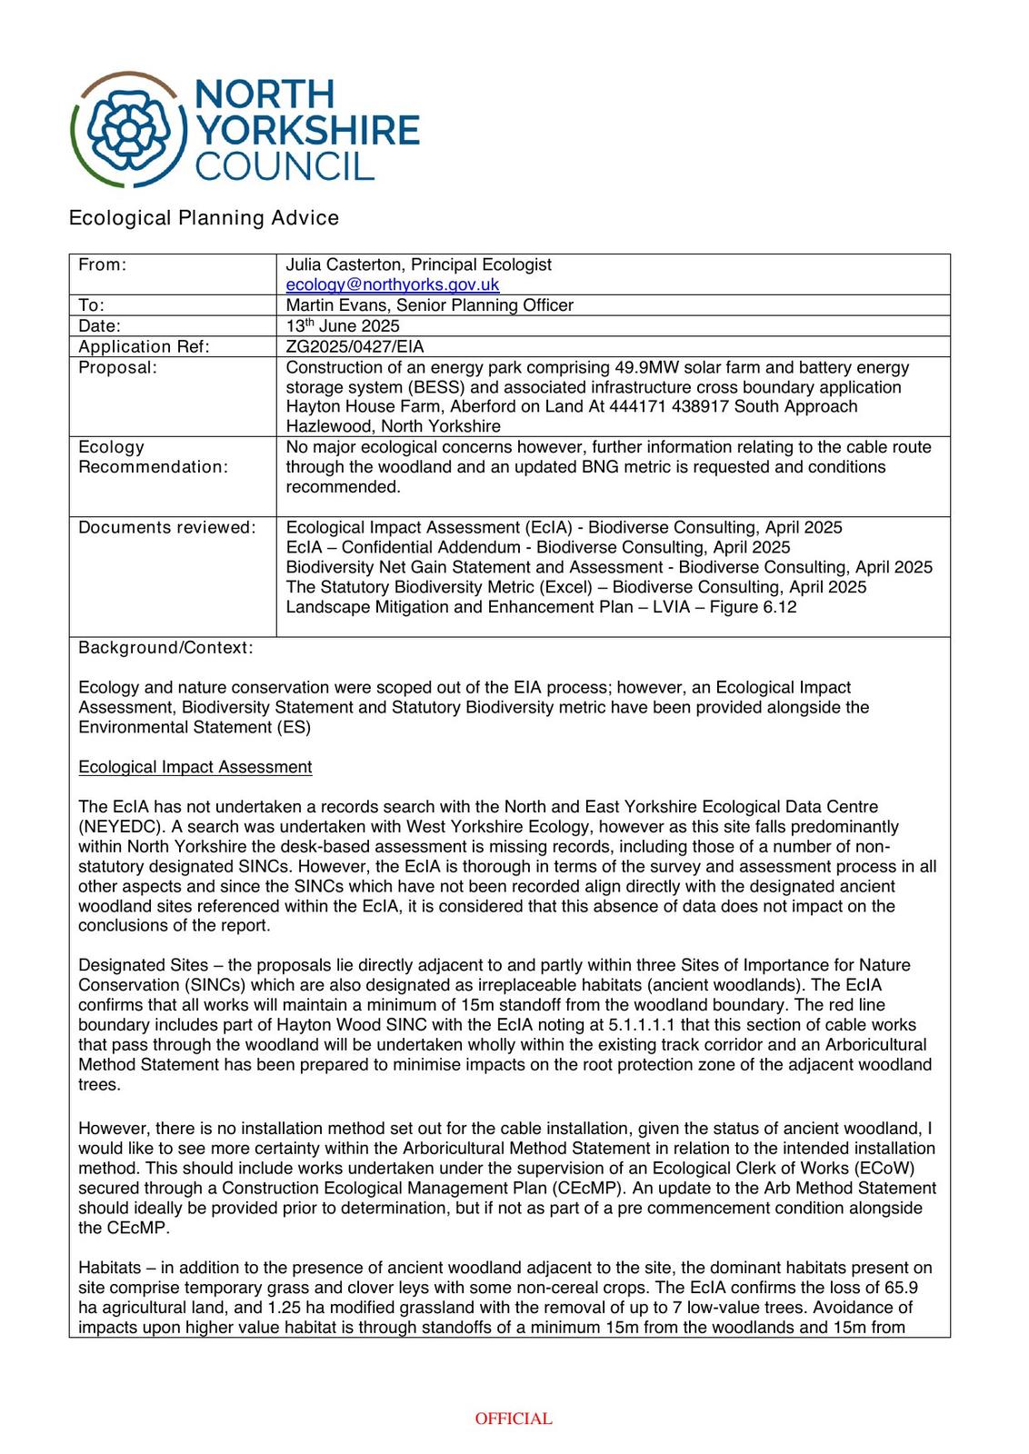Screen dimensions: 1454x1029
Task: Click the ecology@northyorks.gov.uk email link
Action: point(392,284)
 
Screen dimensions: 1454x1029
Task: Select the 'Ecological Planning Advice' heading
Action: point(204,218)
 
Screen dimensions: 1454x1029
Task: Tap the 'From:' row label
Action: point(102,264)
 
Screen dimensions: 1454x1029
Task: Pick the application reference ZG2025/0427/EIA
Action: point(355,346)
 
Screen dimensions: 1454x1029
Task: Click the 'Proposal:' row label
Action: point(117,367)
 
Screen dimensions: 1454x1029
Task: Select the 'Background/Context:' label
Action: point(165,648)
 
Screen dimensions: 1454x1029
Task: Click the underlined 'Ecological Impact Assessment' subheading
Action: point(195,767)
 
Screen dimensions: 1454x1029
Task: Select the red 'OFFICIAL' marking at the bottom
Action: point(514,1419)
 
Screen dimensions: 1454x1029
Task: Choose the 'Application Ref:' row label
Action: point(144,346)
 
